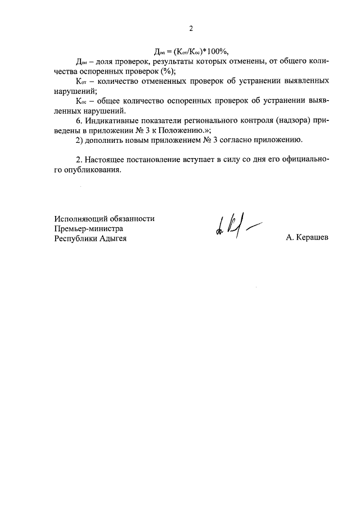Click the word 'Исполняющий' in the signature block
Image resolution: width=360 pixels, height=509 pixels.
click(x=80, y=218)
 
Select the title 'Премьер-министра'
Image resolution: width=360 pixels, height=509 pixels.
click(x=88, y=228)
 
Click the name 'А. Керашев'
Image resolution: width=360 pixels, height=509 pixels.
click(x=307, y=238)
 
